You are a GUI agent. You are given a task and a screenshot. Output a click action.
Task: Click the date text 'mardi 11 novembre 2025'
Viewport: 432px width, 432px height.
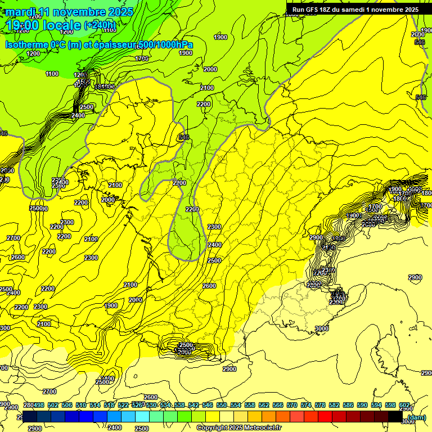(70, 12)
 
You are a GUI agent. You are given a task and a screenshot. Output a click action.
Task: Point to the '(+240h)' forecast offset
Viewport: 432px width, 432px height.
(100, 25)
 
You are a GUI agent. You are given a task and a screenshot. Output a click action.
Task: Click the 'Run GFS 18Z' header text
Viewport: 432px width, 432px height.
(316, 10)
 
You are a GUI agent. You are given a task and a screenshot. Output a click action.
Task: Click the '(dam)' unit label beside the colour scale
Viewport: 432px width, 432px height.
(416, 417)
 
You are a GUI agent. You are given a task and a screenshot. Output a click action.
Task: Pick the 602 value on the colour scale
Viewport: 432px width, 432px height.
(404, 406)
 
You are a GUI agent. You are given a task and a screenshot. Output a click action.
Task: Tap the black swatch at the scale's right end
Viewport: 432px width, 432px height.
(395, 417)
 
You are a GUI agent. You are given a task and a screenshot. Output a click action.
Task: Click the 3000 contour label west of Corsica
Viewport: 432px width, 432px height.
(321, 328)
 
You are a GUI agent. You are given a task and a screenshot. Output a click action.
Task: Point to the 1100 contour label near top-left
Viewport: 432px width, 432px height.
(52, 74)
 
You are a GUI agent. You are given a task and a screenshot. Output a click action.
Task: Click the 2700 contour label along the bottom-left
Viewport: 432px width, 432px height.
(49, 391)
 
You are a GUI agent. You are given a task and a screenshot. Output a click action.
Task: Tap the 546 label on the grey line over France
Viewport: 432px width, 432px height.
(183, 137)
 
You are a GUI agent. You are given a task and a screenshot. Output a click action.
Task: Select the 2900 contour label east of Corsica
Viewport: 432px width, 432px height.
(415, 278)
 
